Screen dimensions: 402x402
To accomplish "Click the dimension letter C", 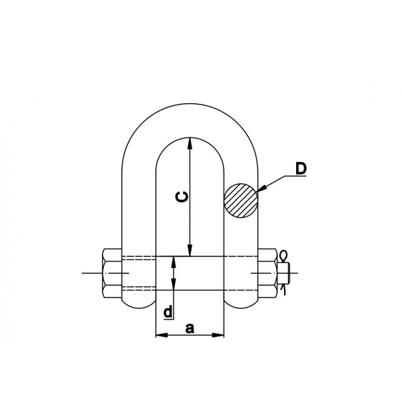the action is [x=182, y=197].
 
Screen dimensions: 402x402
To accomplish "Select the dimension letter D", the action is [x=301, y=168].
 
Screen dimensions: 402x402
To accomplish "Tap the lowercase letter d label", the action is [x=168, y=312].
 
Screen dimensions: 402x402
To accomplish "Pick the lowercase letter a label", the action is [x=190, y=328].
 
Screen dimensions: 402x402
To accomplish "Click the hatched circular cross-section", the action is [x=241, y=200].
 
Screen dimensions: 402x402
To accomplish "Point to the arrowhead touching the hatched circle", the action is [x=261, y=188].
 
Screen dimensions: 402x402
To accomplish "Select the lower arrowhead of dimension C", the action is [x=190, y=250].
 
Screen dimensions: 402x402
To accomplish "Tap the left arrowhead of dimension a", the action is [x=161, y=335].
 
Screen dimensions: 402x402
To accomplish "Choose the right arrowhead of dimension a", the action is [x=218, y=335].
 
